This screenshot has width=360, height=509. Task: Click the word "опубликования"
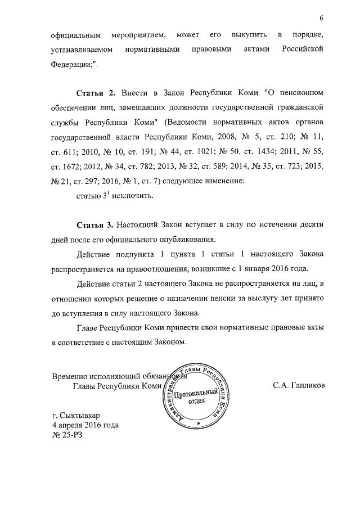[172, 240]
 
